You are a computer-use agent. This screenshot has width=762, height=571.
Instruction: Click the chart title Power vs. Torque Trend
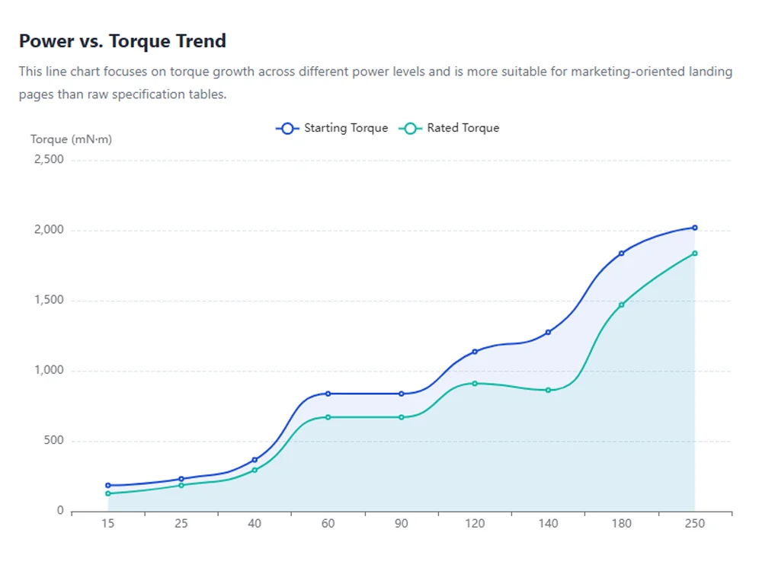coord(123,41)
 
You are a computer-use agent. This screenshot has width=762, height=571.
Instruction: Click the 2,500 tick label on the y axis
coord(48,160)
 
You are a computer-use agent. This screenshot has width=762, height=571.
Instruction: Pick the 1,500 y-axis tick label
coord(49,301)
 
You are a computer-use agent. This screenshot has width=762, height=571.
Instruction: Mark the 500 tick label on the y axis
coord(54,442)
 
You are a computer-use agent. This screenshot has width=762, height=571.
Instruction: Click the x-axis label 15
coord(108,524)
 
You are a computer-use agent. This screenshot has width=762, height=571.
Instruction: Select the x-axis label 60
coord(328,524)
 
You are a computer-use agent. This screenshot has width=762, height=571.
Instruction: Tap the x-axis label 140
coord(548,524)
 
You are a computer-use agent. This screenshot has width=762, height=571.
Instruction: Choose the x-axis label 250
coord(695,524)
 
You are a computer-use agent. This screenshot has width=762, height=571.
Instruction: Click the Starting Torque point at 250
coord(695,228)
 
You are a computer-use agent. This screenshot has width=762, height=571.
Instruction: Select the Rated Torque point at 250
coord(695,254)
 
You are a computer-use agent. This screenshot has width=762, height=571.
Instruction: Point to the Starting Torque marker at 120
coord(475,352)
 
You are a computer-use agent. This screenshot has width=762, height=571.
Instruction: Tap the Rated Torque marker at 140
coord(548,390)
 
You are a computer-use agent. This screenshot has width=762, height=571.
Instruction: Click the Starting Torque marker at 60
coord(328,394)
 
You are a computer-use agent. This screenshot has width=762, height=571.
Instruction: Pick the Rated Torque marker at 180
coord(622,305)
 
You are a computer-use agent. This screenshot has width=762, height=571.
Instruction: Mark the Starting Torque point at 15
coord(108,485)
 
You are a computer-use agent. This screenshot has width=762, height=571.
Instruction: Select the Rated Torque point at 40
coord(255,470)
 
